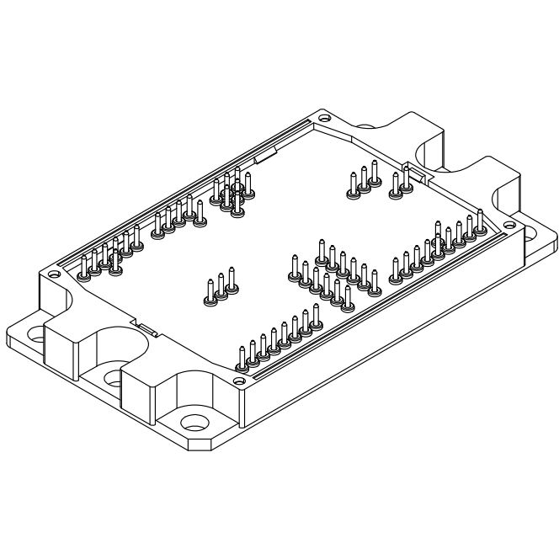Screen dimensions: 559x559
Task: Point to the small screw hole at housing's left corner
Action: pyautogui.click(x=54, y=274)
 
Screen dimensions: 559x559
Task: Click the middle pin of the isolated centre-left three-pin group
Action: pyautogui.click(x=221, y=287)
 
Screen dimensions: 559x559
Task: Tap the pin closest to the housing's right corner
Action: pyautogui.click(x=479, y=221)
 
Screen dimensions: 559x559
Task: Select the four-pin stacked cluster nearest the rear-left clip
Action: pyautogui.click(x=231, y=190)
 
